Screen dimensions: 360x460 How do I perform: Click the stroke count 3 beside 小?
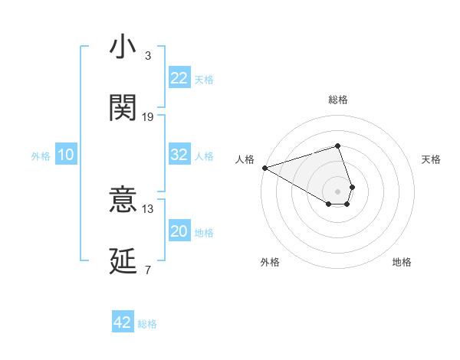pos(148,56)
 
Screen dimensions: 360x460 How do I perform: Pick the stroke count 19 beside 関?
pos(148,117)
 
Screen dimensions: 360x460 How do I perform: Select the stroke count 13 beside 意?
pos(148,208)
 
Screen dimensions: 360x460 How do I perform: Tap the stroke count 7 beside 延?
pos(148,270)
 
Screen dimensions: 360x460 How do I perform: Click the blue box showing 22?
pos(179,78)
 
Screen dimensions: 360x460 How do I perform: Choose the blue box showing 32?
pos(179,155)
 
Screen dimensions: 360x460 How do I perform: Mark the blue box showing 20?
pos(179,231)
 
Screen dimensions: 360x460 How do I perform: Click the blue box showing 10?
pos(66,155)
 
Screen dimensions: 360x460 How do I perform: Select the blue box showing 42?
pos(123,322)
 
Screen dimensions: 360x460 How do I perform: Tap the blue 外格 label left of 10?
pos(41,156)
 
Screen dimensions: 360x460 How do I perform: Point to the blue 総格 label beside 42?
pos(147,324)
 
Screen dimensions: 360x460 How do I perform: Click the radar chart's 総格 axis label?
pos(338,100)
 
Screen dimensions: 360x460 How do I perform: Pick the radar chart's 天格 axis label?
pos(432,159)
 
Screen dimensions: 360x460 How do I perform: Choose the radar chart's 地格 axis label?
pos(402,262)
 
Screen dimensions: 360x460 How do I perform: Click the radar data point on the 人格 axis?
pos(264,168)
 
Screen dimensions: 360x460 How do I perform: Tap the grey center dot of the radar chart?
pos(338,191)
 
